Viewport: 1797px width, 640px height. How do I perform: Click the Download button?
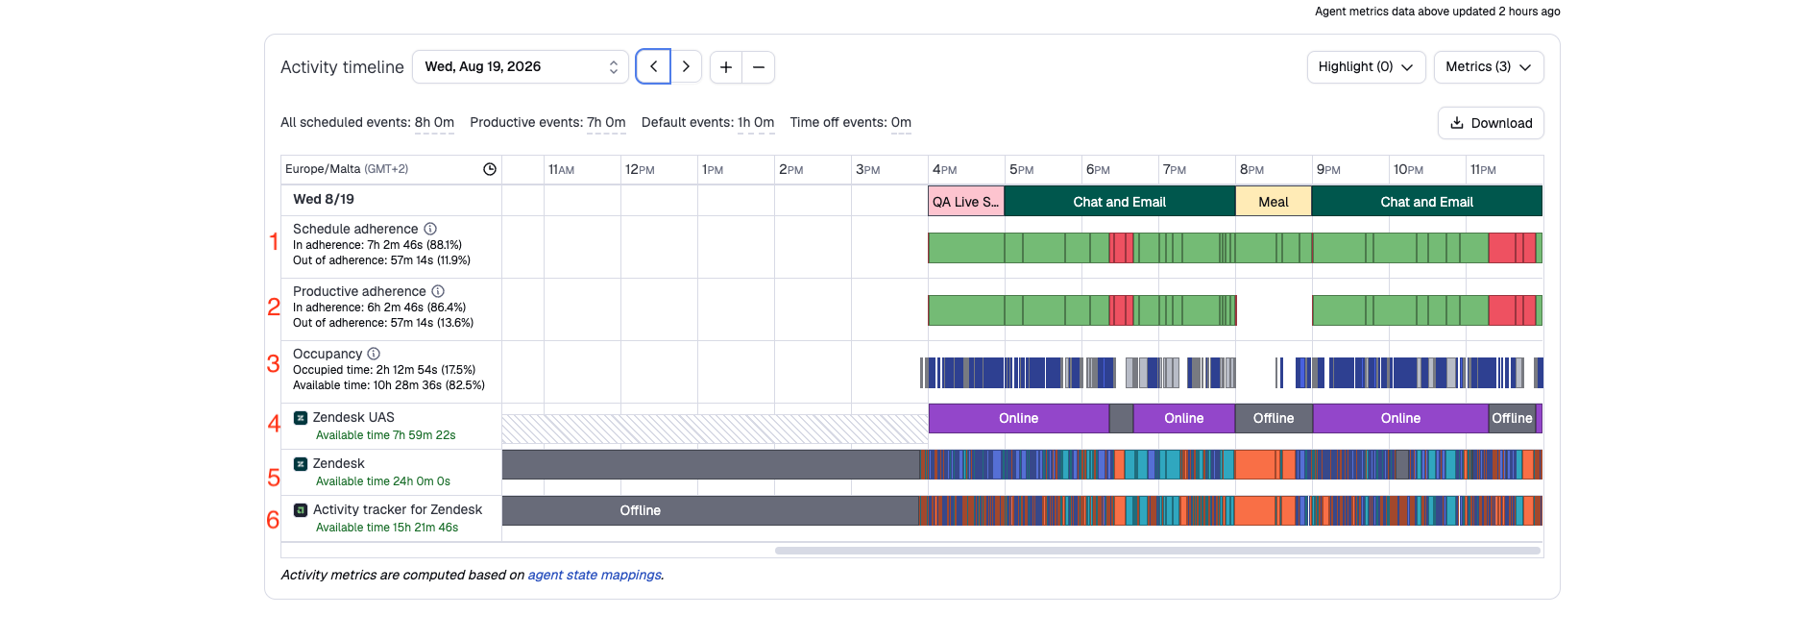click(x=1491, y=123)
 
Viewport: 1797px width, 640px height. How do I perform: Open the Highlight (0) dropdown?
click(x=1366, y=67)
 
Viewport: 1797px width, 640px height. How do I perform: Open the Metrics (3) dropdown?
click(x=1489, y=67)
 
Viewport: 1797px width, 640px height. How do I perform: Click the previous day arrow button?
click(x=653, y=67)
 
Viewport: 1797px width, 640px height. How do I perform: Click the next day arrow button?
click(x=686, y=67)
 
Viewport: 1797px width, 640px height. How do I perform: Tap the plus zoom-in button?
click(x=726, y=67)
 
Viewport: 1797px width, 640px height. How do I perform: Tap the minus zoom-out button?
click(x=759, y=67)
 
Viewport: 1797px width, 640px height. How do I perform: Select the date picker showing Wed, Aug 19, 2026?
click(x=521, y=67)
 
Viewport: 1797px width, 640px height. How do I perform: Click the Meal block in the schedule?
click(x=1274, y=202)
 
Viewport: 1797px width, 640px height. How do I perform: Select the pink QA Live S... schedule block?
click(x=966, y=202)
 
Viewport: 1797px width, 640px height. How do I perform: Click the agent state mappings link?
click(x=595, y=575)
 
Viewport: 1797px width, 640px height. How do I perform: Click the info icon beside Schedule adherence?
click(x=430, y=229)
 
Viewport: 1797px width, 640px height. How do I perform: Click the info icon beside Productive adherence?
click(x=438, y=291)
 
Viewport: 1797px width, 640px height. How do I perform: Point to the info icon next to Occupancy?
click(x=374, y=354)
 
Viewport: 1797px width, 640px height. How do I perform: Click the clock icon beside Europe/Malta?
click(x=490, y=169)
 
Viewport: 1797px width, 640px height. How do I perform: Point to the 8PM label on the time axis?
click(x=1251, y=169)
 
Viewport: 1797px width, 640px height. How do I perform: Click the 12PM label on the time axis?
click(x=640, y=169)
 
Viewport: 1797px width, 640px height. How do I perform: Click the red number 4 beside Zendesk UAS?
click(x=274, y=424)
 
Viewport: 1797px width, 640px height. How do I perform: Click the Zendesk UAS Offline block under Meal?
click(x=1274, y=418)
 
